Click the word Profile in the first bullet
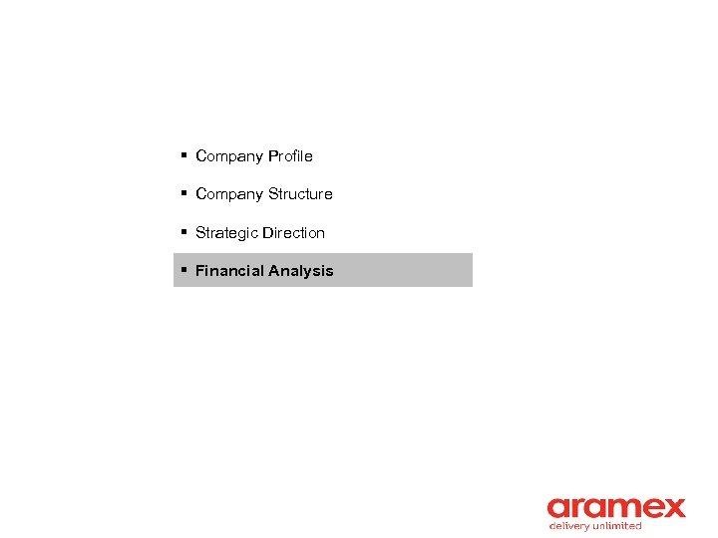290,156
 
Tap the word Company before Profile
229,156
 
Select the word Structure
300,194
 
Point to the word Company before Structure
229,194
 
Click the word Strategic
226,233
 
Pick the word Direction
293,233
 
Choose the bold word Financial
229,271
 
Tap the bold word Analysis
301,271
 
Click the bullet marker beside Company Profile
184,155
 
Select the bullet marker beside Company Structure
184,193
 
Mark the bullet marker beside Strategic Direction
184,232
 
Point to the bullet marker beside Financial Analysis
184,270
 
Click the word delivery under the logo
569,526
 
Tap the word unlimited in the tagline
618,526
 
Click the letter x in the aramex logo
673,508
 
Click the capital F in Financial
199,271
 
